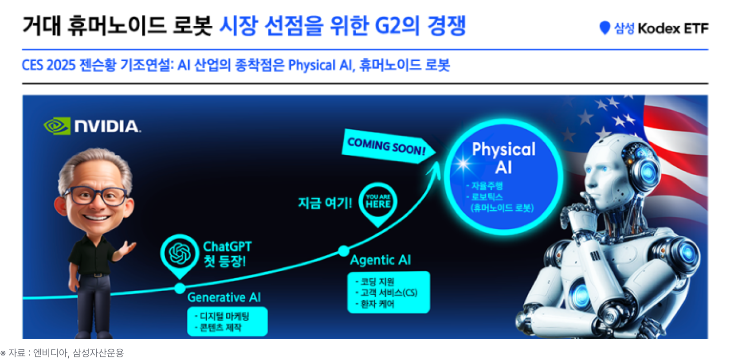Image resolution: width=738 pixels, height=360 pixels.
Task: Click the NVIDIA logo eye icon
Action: pyautogui.click(x=57, y=125)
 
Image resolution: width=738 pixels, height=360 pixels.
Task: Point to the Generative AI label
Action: pyautogui.click(x=224, y=297)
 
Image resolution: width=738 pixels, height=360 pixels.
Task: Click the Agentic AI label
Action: pyautogui.click(x=381, y=260)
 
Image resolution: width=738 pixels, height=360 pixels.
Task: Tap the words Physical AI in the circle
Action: pyautogui.click(x=503, y=158)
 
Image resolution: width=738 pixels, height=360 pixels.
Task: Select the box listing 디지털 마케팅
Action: pyautogui.click(x=228, y=321)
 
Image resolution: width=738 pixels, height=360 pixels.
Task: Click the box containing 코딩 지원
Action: pyautogui.click(x=389, y=292)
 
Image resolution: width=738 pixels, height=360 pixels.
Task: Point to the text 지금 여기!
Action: pyautogui.click(x=325, y=203)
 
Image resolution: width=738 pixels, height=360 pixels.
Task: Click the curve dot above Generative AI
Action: pyautogui.click(x=180, y=289)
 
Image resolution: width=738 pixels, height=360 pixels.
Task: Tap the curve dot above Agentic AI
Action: pyautogui.click(x=344, y=251)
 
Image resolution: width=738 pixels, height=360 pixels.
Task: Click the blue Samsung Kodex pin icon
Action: pyautogui.click(x=605, y=28)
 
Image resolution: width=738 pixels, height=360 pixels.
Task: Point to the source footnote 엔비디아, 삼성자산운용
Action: pyautogui.click(x=79, y=353)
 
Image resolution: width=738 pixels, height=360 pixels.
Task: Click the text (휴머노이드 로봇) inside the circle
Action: pyautogui.click(x=502, y=208)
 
